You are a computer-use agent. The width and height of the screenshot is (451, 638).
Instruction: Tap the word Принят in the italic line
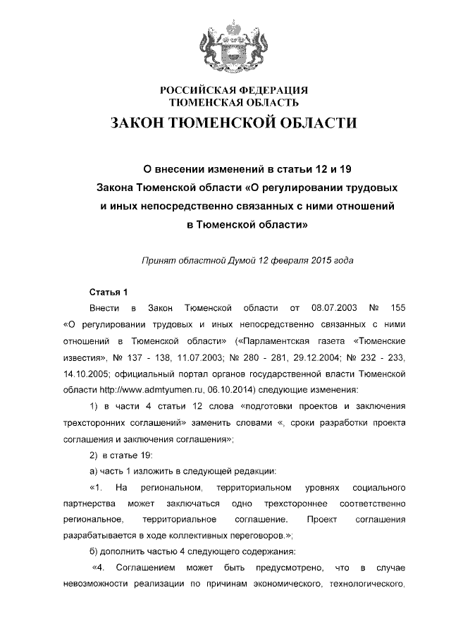coord(159,259)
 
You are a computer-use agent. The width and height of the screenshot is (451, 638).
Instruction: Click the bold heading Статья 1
coord(109,291)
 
